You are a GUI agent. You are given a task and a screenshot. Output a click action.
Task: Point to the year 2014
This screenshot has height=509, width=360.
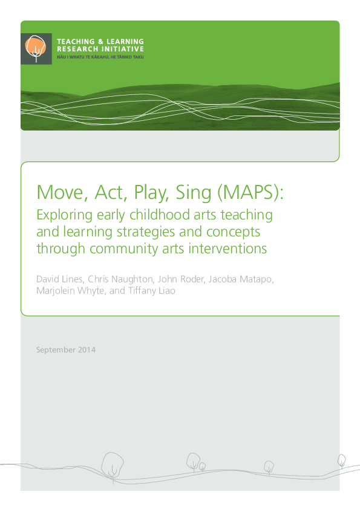coord(87,350)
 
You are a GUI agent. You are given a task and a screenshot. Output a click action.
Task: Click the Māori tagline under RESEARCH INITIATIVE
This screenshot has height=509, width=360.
coord(100,56)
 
